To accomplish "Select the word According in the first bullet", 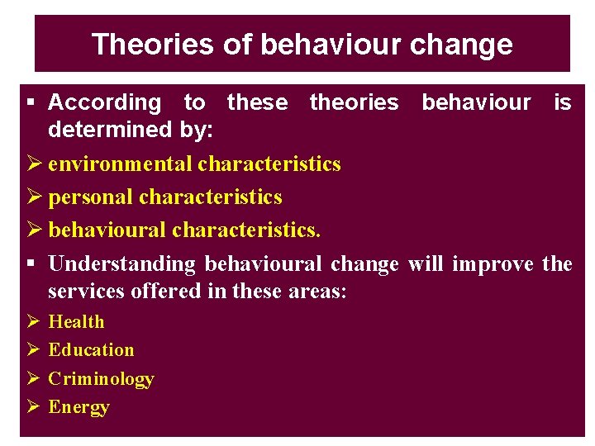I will point(105,102).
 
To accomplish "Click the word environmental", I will point(121,164).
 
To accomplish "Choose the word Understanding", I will point(122,263).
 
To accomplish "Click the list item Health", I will point(77,321).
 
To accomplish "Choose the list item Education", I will point(91,349).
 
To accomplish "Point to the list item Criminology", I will point(101,378).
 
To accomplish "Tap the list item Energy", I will point(79,406).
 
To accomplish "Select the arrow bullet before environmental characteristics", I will point(33,164).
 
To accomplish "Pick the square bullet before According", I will point(30,102).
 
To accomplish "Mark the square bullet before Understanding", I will point(30,263).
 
